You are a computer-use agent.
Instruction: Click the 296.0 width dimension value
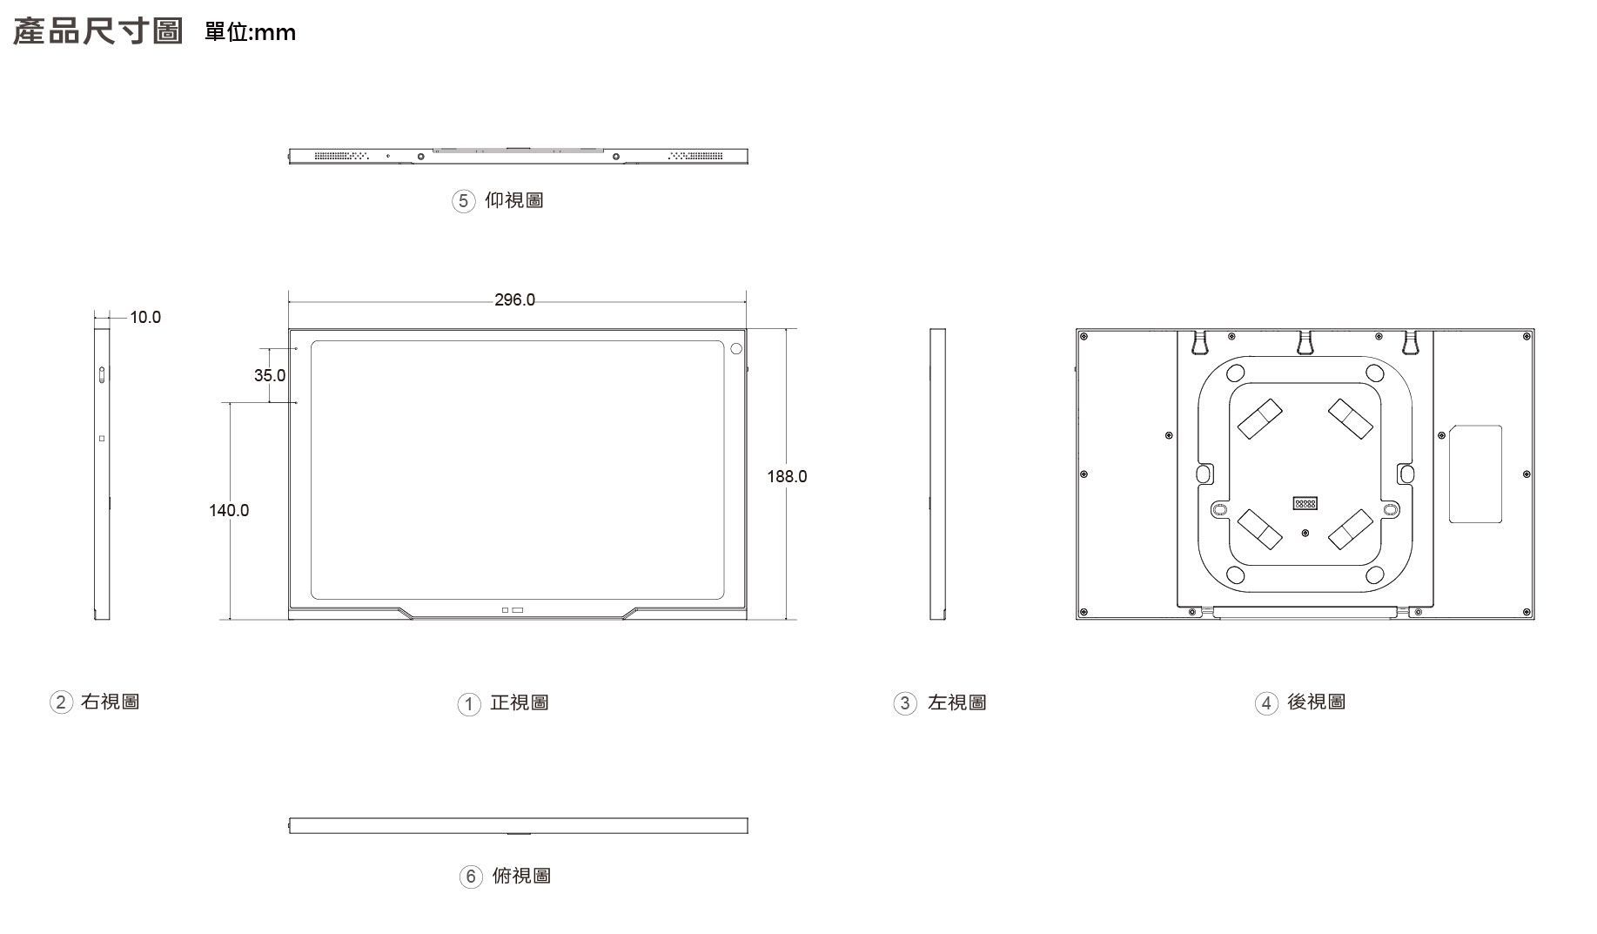click(x=514, y=300)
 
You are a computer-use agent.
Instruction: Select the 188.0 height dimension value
click(x=787, y=476)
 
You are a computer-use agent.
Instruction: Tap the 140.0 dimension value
click(x=229, y=510)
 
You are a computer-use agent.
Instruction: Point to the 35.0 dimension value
click(x=270, y=375)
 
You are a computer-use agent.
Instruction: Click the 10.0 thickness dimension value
click(x=145, y=317)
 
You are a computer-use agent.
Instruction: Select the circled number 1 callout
click(x=469, y=703)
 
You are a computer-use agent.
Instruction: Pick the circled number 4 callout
click(x=1265, y=702)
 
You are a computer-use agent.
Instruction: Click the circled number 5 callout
click(x=463, y=201)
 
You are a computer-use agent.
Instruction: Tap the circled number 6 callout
click(x=470, y=877)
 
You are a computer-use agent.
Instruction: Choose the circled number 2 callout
click(x=60, y=702)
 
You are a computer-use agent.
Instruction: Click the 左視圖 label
click(x=956, y=702)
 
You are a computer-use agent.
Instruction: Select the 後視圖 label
click(x=1316, y=702)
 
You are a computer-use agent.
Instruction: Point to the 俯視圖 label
click(x=521, y=876)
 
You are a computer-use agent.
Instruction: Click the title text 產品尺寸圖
click(x=98, y=32)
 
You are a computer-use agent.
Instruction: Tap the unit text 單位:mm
click(x=250, y=33)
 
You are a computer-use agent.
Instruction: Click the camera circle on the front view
click(x=736, y=349)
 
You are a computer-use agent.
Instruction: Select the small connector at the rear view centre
click(x=1305, y=503)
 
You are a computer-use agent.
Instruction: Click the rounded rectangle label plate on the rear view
click(x=1475, y=474)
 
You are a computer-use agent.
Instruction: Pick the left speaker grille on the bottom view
click(x=341, y=156)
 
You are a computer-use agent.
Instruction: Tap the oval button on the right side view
click(x=104, y=375)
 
